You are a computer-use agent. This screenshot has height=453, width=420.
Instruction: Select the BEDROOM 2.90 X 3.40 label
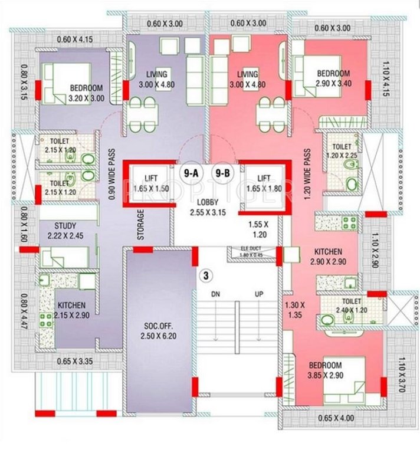333,78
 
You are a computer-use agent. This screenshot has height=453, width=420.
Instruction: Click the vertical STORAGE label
140,225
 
